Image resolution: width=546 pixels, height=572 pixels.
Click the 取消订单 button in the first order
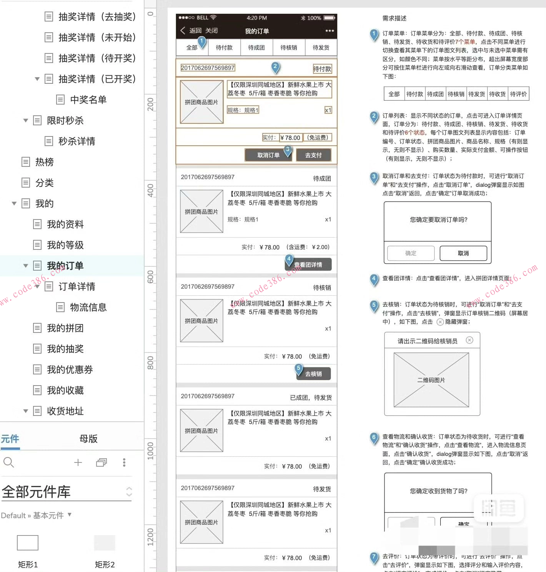268,155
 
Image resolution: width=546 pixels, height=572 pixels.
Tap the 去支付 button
313,155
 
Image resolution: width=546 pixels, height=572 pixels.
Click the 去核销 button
313,374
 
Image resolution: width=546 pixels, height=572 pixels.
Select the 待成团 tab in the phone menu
256,48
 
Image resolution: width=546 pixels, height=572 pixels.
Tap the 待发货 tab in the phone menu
321,48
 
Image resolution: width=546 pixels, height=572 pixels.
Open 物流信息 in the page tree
88,307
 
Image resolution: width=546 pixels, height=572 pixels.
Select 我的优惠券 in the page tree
70,369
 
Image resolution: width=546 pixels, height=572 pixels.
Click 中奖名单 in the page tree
88,100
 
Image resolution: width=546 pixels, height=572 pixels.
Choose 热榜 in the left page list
44,162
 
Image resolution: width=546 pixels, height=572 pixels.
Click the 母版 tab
88,439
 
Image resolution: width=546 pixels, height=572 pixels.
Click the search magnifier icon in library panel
8,462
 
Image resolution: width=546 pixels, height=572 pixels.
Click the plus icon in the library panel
78,462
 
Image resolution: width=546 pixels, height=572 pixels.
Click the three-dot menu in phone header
330,31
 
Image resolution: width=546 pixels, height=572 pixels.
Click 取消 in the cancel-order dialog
463,253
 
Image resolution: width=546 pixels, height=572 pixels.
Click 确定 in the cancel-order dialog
411,253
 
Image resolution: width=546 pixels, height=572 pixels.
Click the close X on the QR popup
469,340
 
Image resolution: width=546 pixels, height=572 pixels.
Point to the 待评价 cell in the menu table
518,94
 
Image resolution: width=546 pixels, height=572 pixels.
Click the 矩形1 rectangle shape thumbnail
28,543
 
